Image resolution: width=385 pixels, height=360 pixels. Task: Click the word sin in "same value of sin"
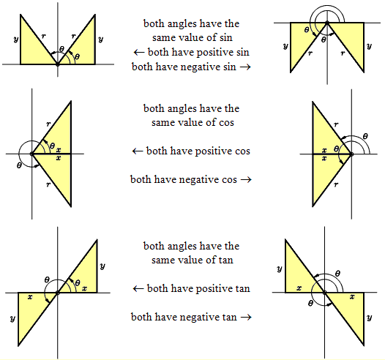tap(225, 37)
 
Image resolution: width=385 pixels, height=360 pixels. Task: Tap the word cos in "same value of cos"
tap(226, 122)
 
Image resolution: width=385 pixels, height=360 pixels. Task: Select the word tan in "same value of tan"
tap(225, 260)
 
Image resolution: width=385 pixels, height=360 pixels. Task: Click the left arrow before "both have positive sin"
tap(139, 52)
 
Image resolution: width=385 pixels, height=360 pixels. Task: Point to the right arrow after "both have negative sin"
tap(245, 67)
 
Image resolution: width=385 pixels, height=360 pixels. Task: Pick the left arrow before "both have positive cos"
tap(138, 151)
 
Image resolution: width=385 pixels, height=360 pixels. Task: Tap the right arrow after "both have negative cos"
tap(246, 179)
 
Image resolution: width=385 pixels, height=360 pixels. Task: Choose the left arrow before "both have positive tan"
tap(138, 288)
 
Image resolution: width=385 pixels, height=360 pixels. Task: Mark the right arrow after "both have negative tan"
tap(246, 317)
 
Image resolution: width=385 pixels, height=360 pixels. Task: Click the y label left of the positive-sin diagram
tap(16, 39)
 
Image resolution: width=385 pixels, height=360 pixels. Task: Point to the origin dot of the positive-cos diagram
tap(31, 154)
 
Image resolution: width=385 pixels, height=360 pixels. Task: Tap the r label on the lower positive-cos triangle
tap(48, 184)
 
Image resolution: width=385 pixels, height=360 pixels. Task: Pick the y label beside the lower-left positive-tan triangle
tap(12, 318)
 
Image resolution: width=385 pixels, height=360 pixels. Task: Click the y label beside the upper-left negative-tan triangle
tap(280, 269)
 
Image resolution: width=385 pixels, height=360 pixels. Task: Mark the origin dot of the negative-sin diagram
tap(327, 23)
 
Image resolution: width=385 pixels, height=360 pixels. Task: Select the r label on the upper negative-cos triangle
tap(336, 124)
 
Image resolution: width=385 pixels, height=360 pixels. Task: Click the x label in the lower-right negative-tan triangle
tap(352, 296)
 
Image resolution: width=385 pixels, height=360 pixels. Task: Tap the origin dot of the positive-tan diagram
tap(58, 293)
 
